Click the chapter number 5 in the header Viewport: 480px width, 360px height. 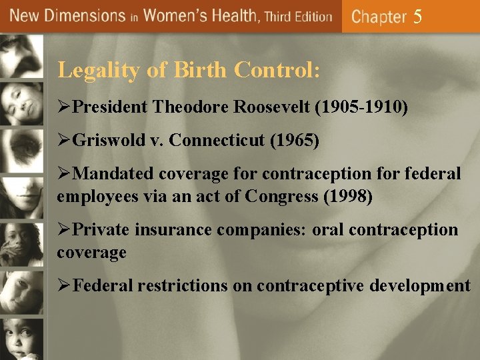click(x=417, y=17)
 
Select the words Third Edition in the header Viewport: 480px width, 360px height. click(x=298, y=16)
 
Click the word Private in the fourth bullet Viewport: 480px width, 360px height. click(x=101, y=231)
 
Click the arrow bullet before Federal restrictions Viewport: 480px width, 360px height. click(x=64, y=287)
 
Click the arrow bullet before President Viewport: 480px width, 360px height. click(x=64, y=107)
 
